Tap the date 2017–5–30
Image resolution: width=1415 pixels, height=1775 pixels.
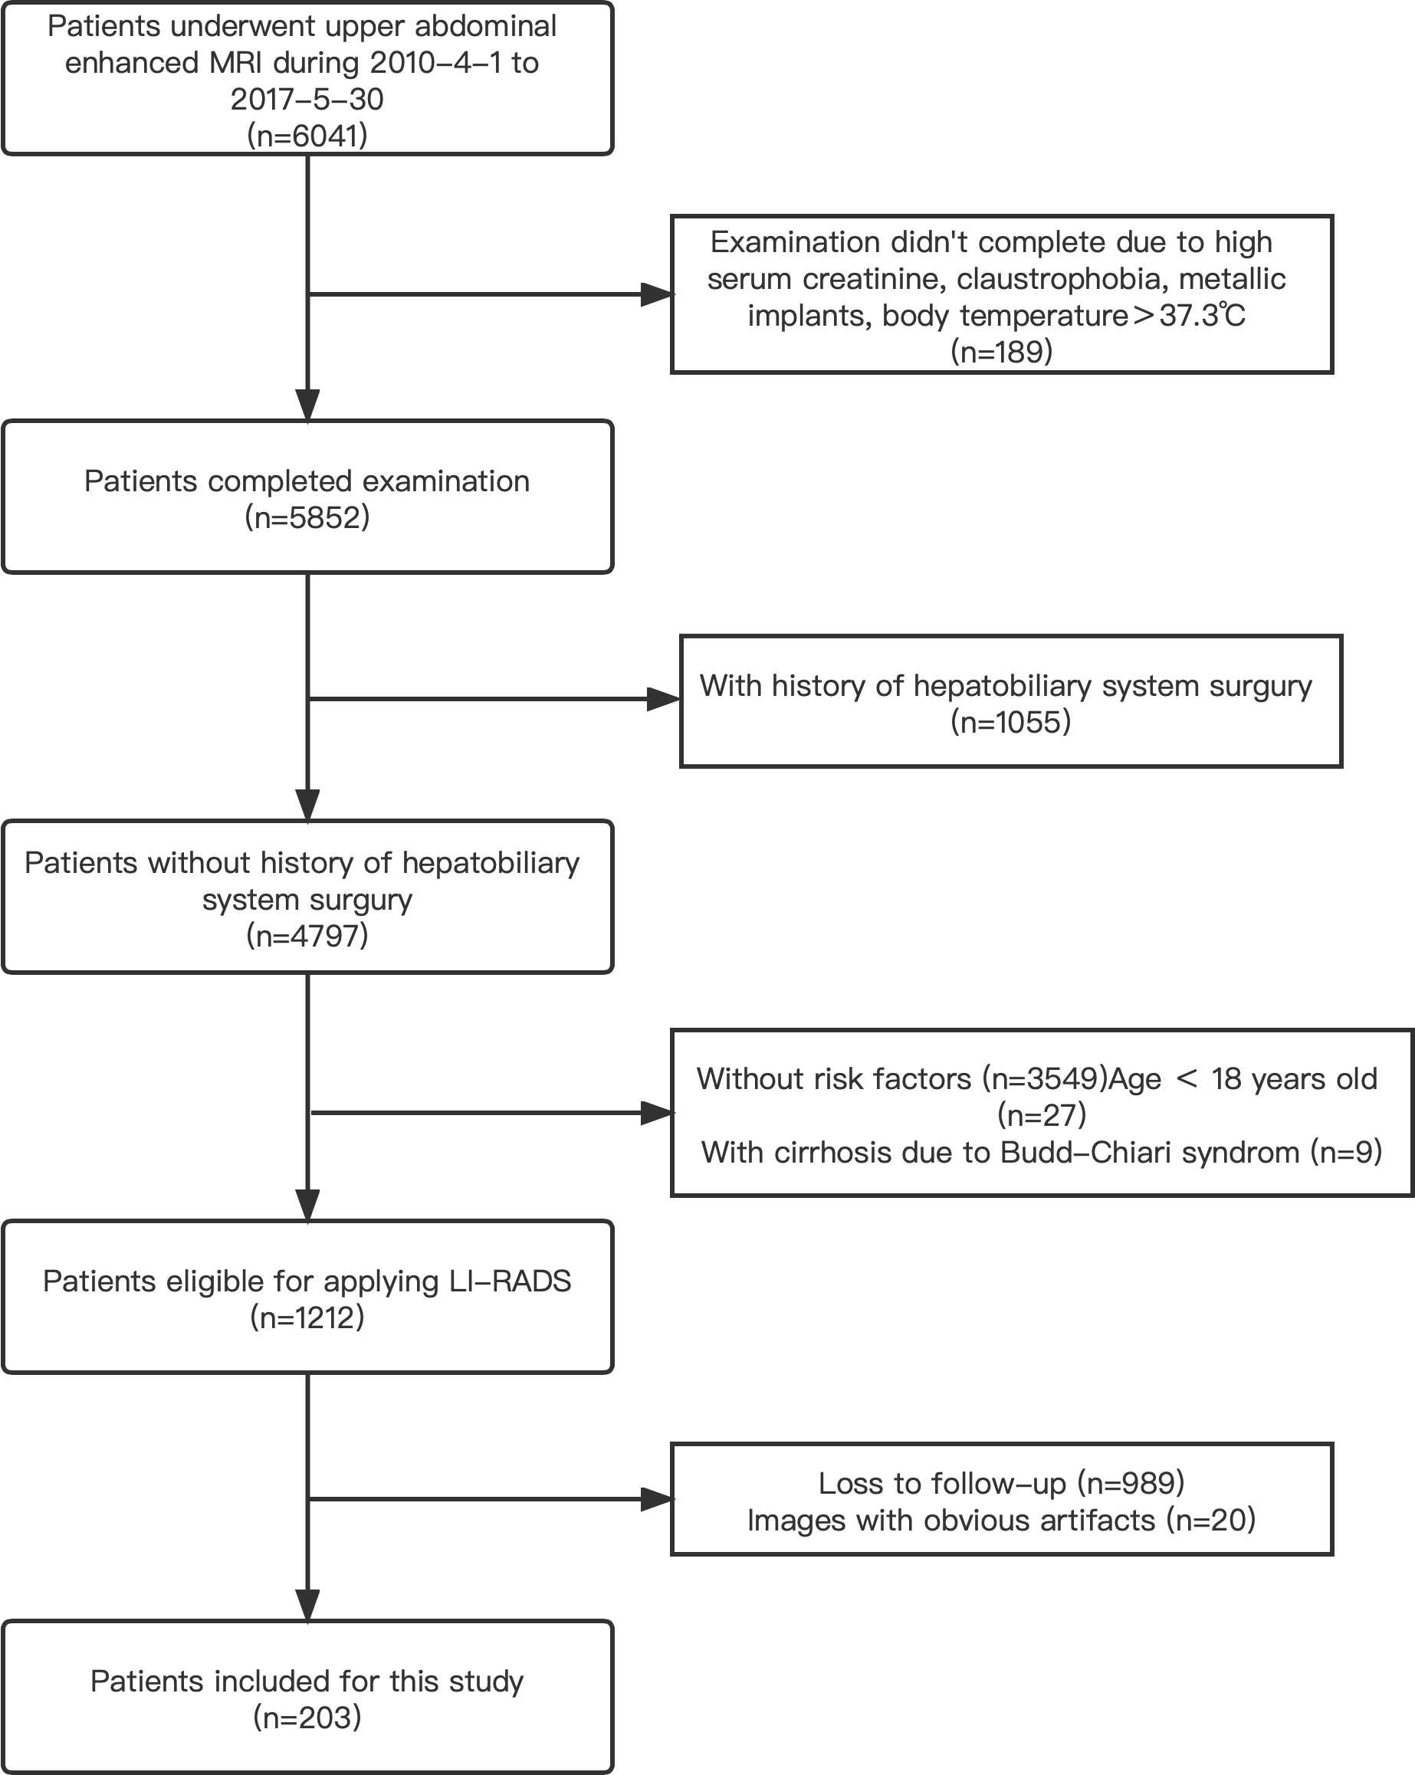(x=307, y=100)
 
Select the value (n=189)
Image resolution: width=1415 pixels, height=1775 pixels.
(x=1002, y=352)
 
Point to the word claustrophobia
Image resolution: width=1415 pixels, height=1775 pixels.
(x=1062, y=279)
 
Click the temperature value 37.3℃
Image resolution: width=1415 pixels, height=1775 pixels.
(x=1202, y=315)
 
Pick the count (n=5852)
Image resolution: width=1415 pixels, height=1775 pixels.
(x=307, y=518)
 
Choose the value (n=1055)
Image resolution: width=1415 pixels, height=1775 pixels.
(x=1010, y=722)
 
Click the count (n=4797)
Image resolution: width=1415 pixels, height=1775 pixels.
(x=307, y=936)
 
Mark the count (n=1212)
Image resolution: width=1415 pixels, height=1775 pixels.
(x=307, y=1318)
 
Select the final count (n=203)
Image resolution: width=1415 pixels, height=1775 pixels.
(x=307, y=1718)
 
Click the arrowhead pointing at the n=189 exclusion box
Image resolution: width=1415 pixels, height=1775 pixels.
(x=656, y=294)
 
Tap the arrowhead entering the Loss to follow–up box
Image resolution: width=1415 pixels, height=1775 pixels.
(x=656, y=1499)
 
